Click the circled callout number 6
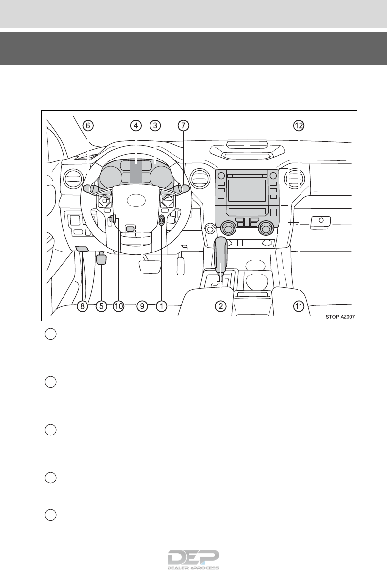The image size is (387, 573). (x=88, y=126)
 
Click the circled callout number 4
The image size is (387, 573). (x=136, y=126)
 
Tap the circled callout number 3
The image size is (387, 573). (x=154, y=126)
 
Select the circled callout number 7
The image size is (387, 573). (x=182, y=126)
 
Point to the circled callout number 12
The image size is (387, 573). (x=299, y=126)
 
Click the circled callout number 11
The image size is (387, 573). (x=299, y=306)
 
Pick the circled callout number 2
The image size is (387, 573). (x=221, y=306)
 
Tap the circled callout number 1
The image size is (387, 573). (x=161, y=306)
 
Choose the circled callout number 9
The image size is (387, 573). (x=142, y=306)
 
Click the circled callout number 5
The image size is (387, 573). (x=101, y=306)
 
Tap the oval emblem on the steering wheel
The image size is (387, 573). (x=136, y=201)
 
